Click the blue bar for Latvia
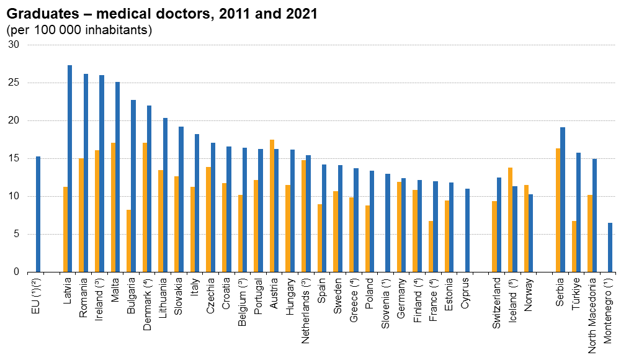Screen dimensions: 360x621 click(x=69, y=169)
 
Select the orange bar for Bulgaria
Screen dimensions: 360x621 click(x=129, y=241)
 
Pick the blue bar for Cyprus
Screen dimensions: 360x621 click(x=467, y=230)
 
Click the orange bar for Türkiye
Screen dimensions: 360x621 click(x=574, y=246)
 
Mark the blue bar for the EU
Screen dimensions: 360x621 click(x=38, y=214)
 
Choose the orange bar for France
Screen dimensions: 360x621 click(x=431, y=246)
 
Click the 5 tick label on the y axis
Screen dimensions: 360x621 click(x=17, y=234)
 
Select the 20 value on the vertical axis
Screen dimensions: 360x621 click(x=14, y=121)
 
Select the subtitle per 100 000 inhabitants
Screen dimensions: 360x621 click(x=79, y=29)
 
